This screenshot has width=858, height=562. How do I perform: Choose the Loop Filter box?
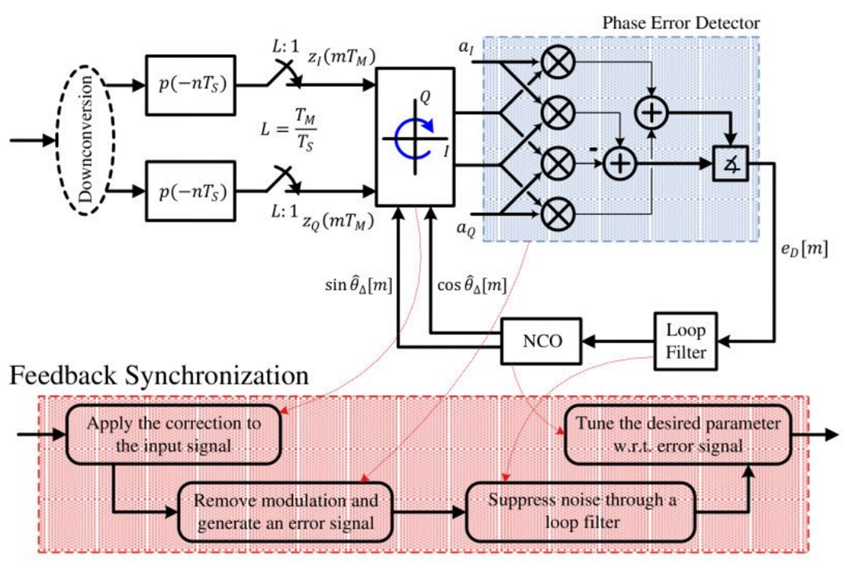click(x=686, y=342)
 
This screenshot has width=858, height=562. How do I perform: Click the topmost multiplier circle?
click(x=558, y=65)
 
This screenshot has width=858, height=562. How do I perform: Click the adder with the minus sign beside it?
click(x=620, y=163)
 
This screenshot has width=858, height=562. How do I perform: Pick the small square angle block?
click(x=730, y=163)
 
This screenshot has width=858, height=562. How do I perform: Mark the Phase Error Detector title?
click(x=680, y=22)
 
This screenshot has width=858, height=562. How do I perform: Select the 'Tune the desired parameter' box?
click(x=678, y=435)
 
